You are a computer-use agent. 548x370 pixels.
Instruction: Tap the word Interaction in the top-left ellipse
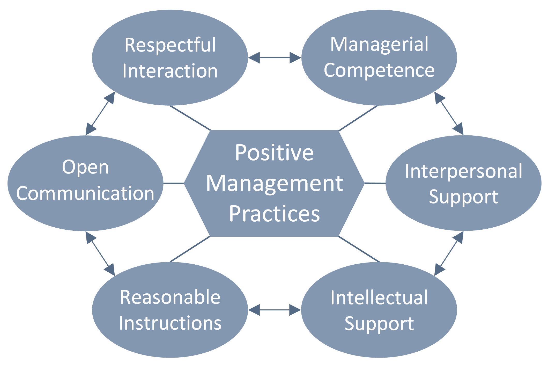click(170, 71)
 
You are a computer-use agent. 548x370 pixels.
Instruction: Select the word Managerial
click(379, 45)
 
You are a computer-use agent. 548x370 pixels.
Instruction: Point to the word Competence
click(379, 70)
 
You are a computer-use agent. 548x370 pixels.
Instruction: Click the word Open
click(85, 168)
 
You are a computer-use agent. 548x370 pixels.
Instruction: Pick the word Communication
click(85, 193)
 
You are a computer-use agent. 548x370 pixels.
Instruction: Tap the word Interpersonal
click(464, 171)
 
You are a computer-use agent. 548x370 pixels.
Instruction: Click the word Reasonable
click(170, 297)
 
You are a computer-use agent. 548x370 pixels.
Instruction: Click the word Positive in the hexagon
click(274, 153)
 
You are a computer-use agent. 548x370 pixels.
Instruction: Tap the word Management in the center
click(275, 184)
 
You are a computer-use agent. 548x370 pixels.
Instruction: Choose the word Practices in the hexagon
click(274, 214)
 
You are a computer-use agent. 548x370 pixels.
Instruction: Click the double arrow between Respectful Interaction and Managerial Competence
click(275, 57)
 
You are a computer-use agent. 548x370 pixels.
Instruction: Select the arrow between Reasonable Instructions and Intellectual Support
click(275, 310)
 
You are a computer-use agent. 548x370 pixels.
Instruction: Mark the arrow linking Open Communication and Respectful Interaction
click(100, 113)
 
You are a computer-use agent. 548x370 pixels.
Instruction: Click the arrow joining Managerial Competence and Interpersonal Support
click(449, 113)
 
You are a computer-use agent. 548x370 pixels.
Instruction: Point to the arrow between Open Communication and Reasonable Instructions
click(100, 253)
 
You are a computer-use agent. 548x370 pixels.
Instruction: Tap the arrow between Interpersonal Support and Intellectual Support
click(449, 253)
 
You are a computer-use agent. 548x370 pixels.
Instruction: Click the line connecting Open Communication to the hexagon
click(174, 183)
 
